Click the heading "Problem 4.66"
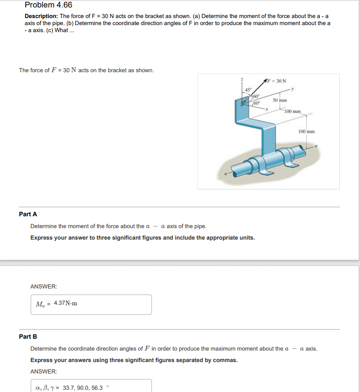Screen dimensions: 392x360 pyautogui.click(x=48, y=5)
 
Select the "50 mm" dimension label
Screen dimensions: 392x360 pyautogui.click(x=280, y=100)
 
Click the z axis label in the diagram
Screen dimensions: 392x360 pyautogui.click(x=241, y=79)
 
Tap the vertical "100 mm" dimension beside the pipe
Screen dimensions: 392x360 pyautogui.click(x=306, y=132)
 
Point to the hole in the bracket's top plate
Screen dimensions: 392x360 pyautogui.click(x=242, y=104)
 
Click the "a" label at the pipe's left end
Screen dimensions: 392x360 pyautogui.click(x=225, y=174)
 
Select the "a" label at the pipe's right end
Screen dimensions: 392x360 pyautogui.click(x=316, y=145)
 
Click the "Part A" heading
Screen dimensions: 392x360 pyautogui.click(x=28, y=214)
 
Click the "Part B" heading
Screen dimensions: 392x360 pyautogui.click(x=28, y=337)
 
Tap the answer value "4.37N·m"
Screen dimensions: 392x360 pyautogui.click(x=65, y=303)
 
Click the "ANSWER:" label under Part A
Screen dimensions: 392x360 pyautogui.click(x=44, y=287)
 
